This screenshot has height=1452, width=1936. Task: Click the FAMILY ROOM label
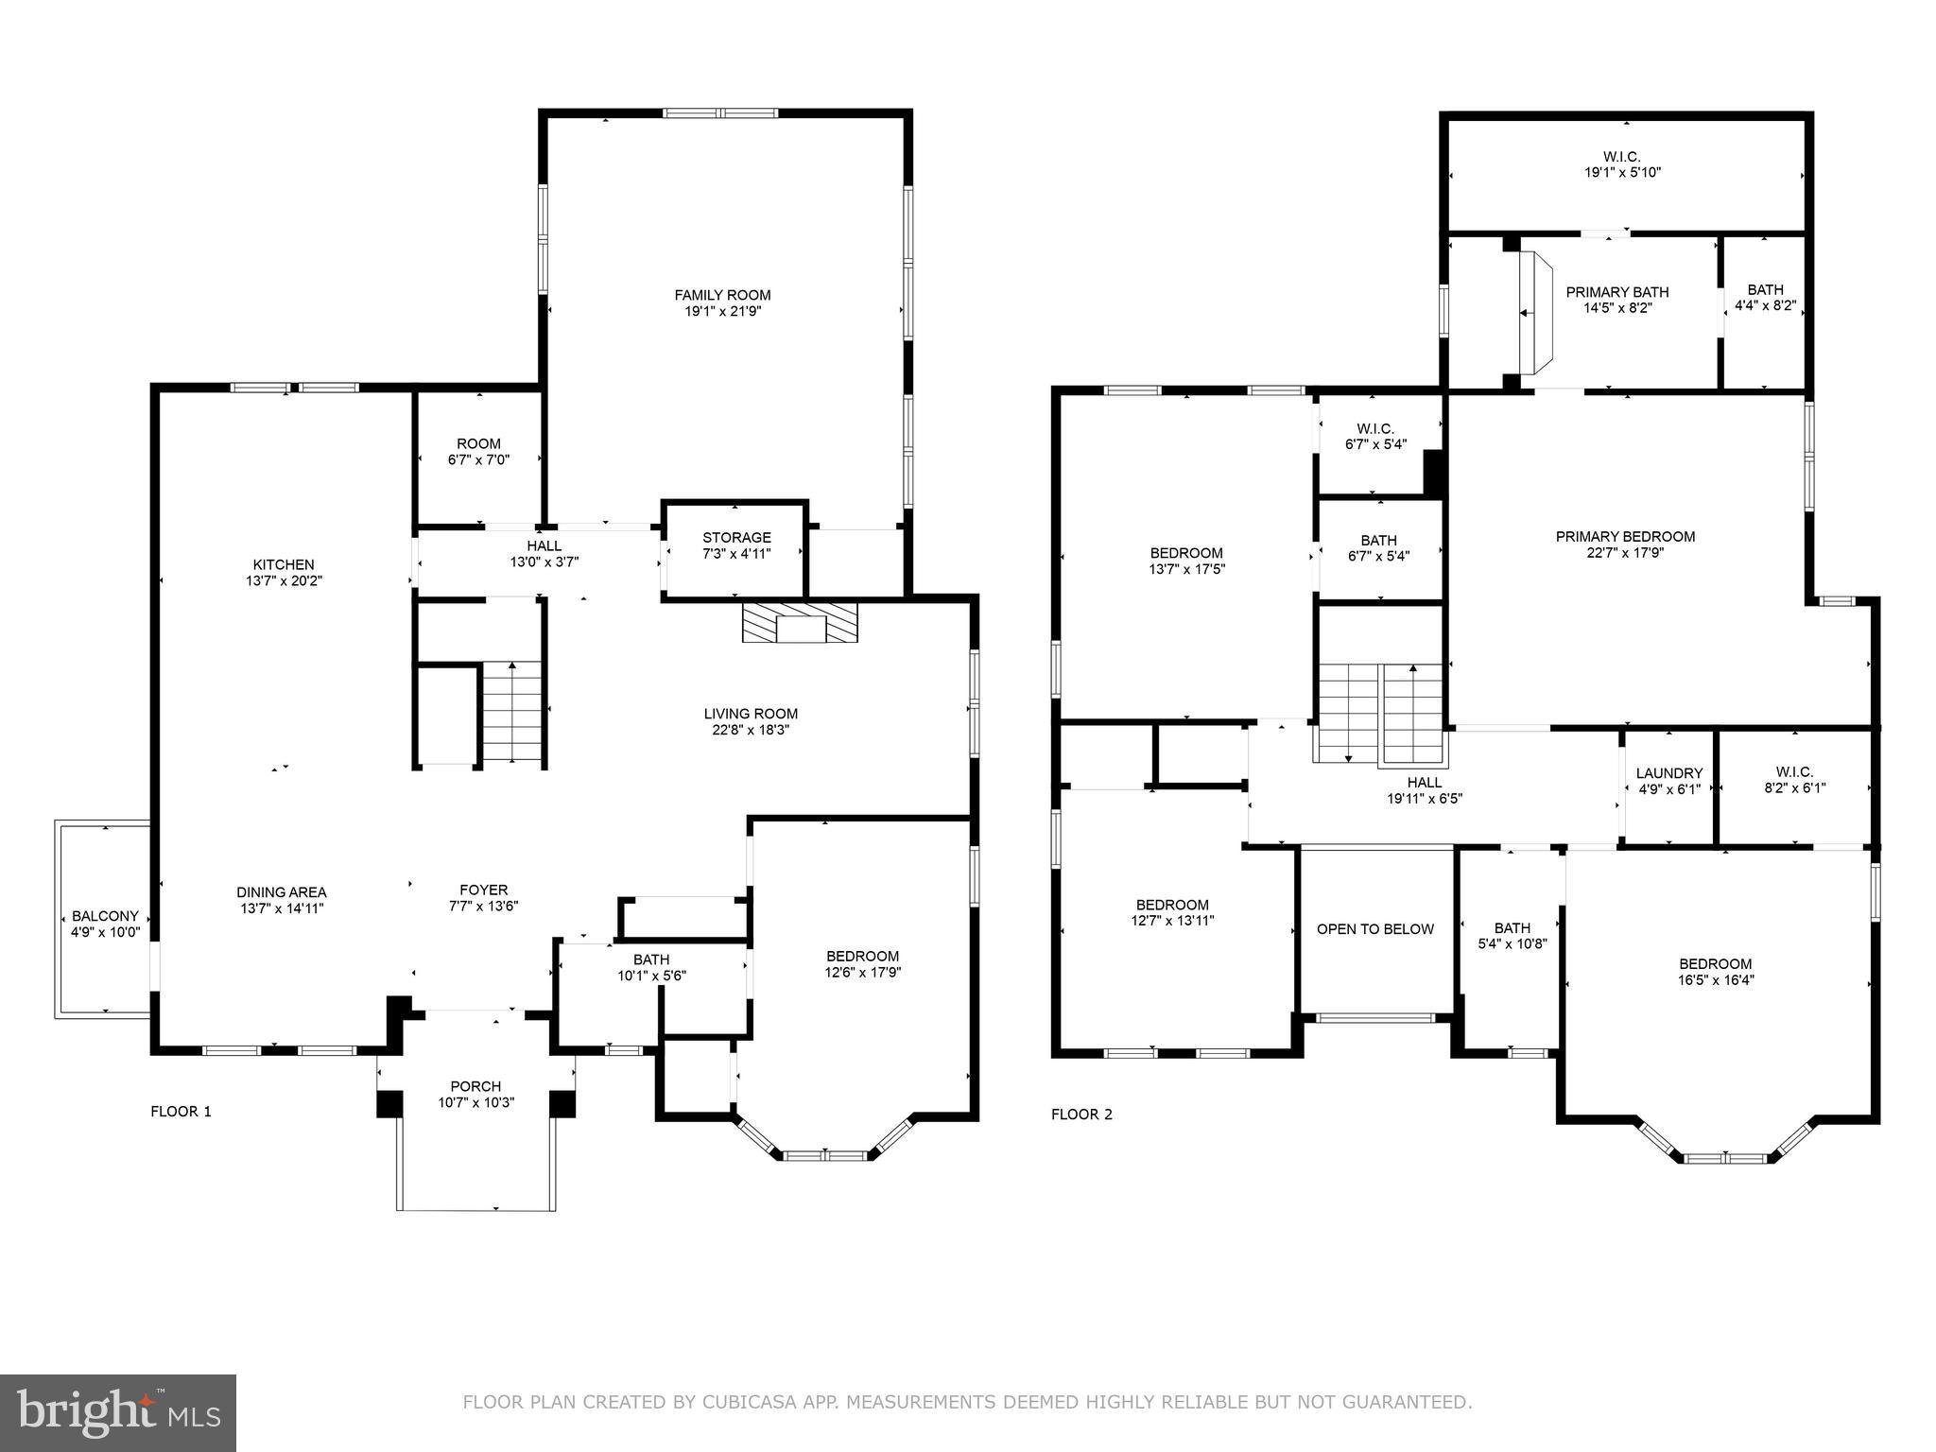(722, 295)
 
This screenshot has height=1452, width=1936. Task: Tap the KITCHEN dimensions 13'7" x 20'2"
(284, 581)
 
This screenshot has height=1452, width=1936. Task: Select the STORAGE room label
(736, 538)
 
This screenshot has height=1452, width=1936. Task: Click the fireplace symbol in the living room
(800, 623)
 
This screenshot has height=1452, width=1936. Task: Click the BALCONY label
(105, 916)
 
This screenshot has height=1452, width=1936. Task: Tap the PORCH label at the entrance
(475, 1086)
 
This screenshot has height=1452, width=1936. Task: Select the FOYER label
(483, 890)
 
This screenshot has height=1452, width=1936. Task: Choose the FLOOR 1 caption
(181, 1112)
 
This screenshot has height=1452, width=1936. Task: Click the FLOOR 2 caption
(1081, 1115)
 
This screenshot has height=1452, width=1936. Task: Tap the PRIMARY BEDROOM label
(1625, 536)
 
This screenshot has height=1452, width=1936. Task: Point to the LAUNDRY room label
(1668, 773)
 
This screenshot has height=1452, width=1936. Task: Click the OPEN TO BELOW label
(1374, 929)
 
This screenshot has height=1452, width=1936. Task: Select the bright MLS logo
(117, 1413)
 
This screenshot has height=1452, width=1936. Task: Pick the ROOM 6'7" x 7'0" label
(478, 444)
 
